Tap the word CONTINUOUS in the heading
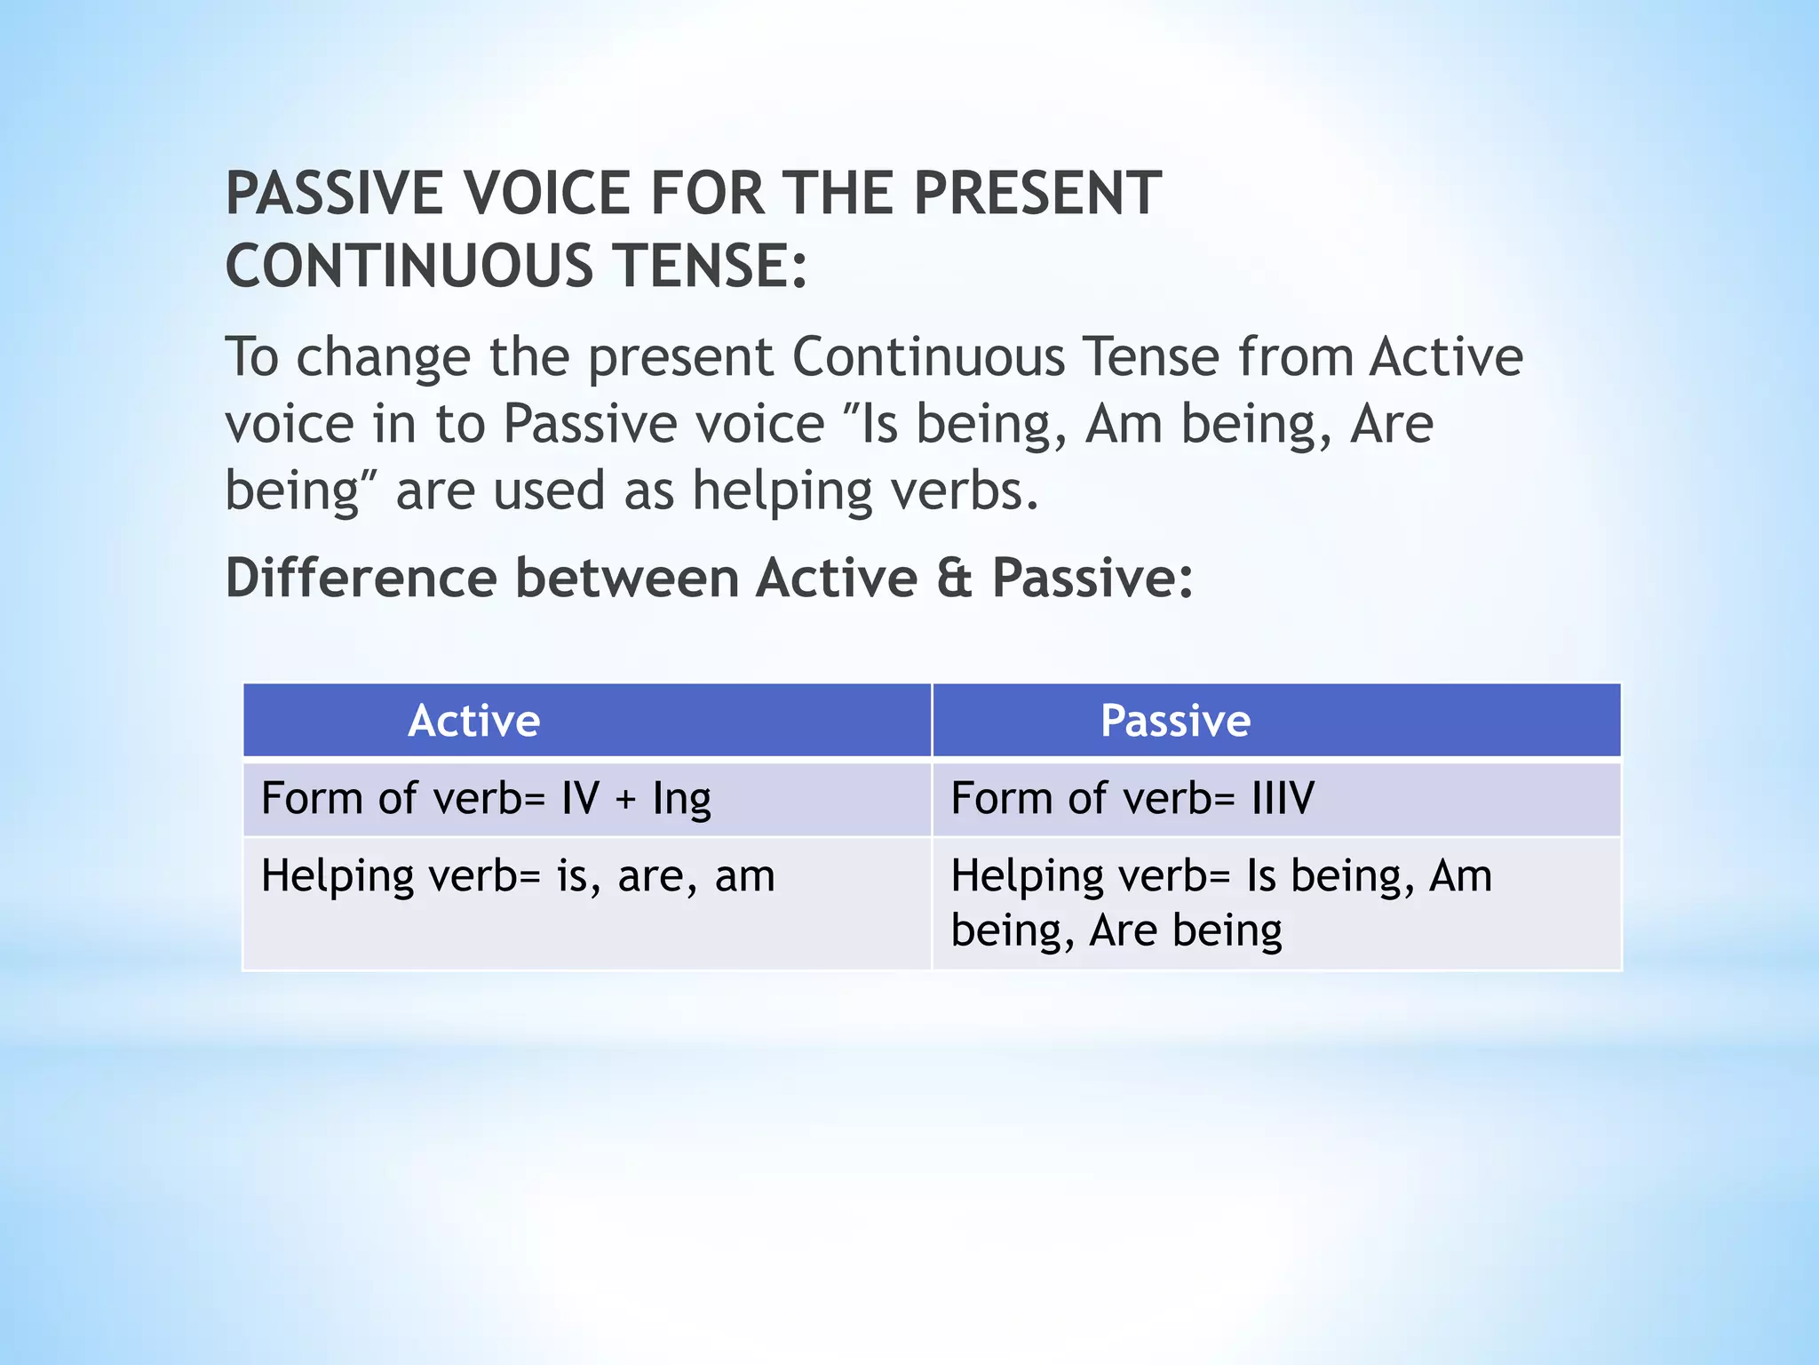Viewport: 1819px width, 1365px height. point(409,266)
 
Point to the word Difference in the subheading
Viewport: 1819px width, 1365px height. point(361,578)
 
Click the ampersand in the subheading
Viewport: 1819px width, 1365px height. point(954,578)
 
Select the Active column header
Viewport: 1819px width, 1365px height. point(473,720)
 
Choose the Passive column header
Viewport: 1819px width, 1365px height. point(1174,720)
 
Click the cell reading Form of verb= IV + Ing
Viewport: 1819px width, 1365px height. point(486,797)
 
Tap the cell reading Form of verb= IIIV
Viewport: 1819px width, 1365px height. point(1132,797)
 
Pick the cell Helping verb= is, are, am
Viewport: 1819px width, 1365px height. point(518,875)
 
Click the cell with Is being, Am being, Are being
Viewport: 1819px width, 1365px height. point(1220,902)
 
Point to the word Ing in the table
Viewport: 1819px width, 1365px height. point(681,799)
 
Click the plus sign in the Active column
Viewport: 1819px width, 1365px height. point(625,799)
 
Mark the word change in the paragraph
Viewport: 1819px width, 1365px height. point(383,357)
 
